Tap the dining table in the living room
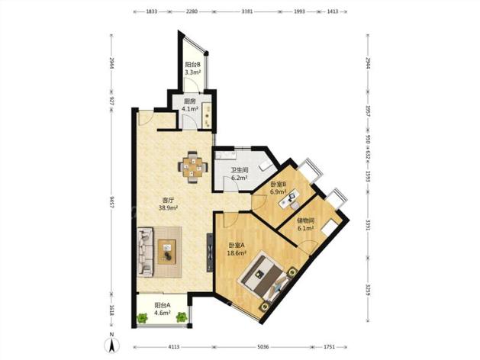[193, 167]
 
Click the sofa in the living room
[145, 252]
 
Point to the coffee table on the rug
[167, 252]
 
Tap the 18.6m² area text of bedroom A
[237, 253]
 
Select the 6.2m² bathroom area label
[239, 177]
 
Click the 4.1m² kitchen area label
[190, 108]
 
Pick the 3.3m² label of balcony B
[192, 72]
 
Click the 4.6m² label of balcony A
[163, 313]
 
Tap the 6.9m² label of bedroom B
[278, 192]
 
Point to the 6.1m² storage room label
[305, 228]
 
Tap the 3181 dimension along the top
[247, 11]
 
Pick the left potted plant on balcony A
[142, 318]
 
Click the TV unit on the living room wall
[210, 252]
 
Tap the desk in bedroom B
[289, 198]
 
